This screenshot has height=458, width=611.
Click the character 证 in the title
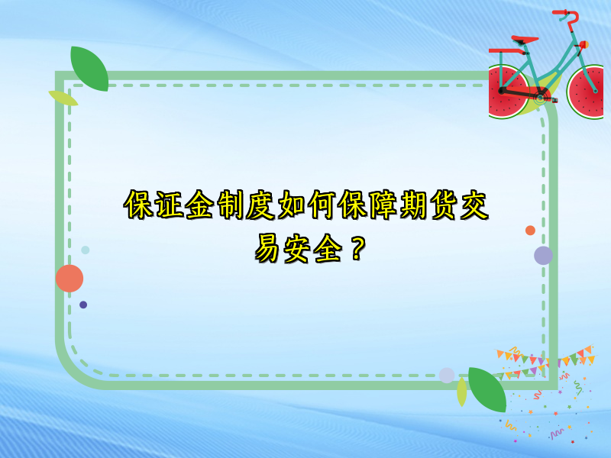pyautogui.click(x=169, y=205)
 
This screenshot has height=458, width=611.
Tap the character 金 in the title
pyautogui.click(x=200, y=205)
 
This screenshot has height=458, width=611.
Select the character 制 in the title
pyautogui.click(x=231, y=205)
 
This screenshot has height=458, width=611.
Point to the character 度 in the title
pyautogui.click(x=261, y=205)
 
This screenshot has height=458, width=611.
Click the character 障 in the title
pyautogui.click(x=383, y=205)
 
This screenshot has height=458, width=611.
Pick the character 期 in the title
pyautogui.click(x=414, y=205)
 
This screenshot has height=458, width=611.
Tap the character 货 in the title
pyautogui.click(x=445, y=205)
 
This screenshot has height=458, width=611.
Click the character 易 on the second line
pyautogui.click(x=269, y=248)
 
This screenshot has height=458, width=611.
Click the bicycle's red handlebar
pyautogui.click(x=566, y=15)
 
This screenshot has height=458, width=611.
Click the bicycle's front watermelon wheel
pyautogui.click(x=588, y=92)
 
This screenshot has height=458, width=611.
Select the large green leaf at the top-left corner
pyautogui.click(x=89, y=68)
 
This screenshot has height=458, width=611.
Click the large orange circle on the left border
pyautogui.click(x=70, y=279)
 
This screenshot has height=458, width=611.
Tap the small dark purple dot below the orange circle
pyautogui.click(x=83, y=305)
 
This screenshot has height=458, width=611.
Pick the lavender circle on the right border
pyautogui.click(x=543, y=255)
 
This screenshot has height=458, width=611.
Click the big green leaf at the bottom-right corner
pyautogui.click(x=487, y=389)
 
